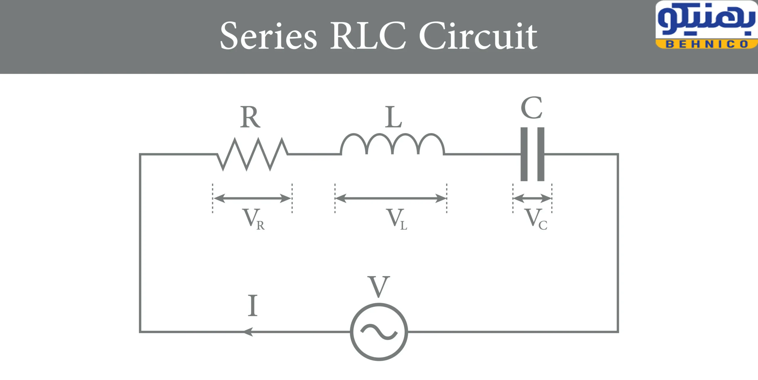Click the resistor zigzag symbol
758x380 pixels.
pos(253,154)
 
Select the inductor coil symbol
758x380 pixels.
pos(393,145)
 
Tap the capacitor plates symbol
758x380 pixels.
pos(532,154)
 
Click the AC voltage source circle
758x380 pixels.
pos(379,332)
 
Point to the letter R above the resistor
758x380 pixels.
pos(250,117)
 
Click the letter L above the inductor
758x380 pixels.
pos(394,117)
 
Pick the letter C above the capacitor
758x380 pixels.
pos(531,108)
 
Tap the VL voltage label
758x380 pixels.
pos(398,219)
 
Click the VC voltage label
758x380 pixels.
pos(536,219)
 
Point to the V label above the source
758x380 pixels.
pos(379,286)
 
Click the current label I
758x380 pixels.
pos(253,305)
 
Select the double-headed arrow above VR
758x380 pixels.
pos(252,198)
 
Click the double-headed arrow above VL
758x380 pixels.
pos(391,198)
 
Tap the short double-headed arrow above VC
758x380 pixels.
pos(532,198)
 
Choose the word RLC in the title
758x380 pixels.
pos(368,36)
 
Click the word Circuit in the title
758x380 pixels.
pos(478,36)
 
